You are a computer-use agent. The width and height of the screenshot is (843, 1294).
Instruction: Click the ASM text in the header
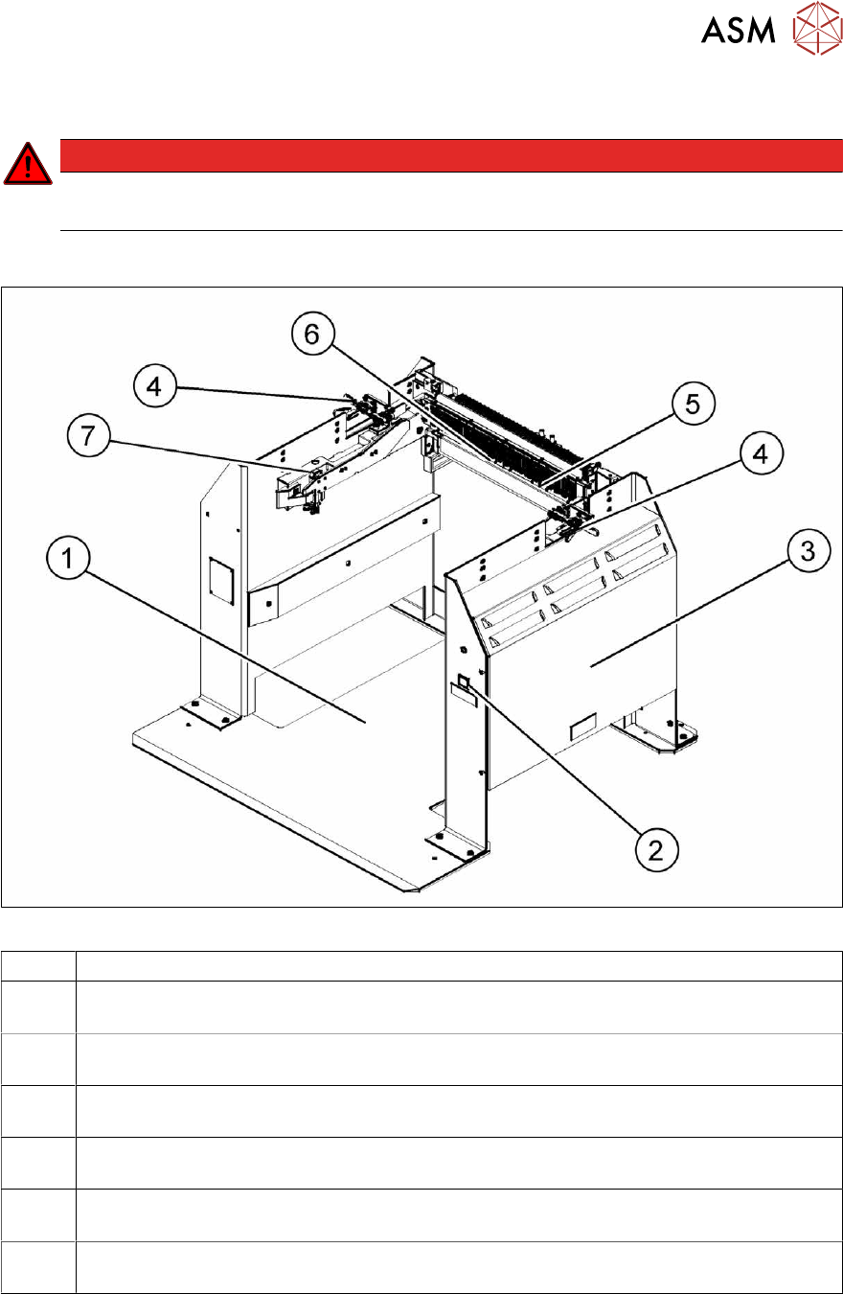pos(738,31)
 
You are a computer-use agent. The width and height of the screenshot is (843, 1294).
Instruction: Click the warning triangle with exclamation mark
pos(29,165)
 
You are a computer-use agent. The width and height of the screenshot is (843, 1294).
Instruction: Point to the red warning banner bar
pos(450,155)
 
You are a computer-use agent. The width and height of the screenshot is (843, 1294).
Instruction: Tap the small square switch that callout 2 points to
pos(463,683)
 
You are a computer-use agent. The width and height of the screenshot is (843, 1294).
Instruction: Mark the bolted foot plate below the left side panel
pos(209,713)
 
